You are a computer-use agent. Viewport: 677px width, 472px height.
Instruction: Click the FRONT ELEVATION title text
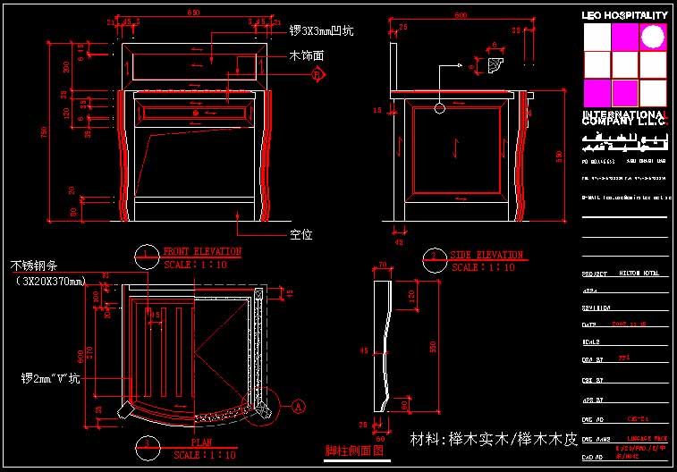point(202,252)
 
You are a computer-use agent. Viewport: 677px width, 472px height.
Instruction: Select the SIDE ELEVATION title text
point(487,255)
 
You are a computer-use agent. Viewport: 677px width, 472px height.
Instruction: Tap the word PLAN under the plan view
point(200,442)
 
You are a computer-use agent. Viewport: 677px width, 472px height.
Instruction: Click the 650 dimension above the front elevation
point(193,13)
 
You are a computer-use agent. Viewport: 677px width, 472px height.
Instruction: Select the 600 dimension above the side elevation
point(461,15)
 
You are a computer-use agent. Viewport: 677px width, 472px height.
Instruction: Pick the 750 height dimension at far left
point(44,131)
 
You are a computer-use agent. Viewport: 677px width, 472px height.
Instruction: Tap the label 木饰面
point(306,56)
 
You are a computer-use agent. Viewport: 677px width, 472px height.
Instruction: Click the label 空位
point(300,235)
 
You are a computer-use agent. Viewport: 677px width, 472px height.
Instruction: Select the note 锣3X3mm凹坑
point(321,30)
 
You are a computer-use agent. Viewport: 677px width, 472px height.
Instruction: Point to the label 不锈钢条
point(34,265)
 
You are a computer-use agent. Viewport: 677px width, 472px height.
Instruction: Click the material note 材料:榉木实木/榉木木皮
point(494,440)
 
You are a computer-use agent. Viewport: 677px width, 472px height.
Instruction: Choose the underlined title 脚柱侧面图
point(353,452)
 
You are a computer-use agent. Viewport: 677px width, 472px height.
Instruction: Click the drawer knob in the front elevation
point(196,114)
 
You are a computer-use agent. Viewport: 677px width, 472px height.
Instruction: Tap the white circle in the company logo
point(654,36)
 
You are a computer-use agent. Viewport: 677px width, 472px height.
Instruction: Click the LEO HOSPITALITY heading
point(624,15)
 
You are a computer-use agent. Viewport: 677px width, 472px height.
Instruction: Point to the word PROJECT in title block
point(595,274)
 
